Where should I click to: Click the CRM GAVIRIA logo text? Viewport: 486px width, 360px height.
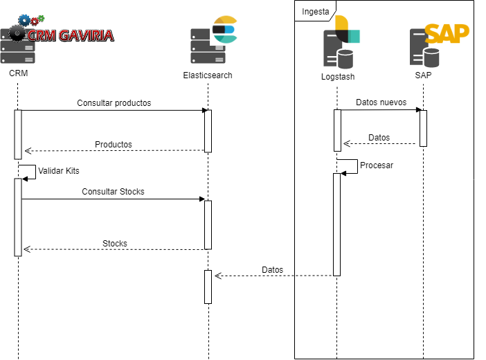(x=69, y=35)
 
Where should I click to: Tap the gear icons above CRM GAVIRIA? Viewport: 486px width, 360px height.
(x=31, y=21)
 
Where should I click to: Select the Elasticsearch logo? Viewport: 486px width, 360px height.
(x=224, y=30)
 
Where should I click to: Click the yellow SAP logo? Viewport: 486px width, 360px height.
(x=447, y=33)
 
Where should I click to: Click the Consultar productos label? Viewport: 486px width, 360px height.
(x=114, y=102)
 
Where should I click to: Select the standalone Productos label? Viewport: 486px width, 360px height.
(x=113, y=145)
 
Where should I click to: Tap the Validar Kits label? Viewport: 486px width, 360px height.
(x=59, y=170)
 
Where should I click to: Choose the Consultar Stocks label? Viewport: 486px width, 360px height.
(x=113, y=191)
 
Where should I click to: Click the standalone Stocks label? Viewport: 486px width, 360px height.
(x=115, y=243)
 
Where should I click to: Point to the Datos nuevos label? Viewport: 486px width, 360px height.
(x=381, y=102)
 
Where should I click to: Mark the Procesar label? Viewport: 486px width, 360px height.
(x=377, y=165)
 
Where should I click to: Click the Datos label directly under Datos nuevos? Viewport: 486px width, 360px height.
(x=379, y=138)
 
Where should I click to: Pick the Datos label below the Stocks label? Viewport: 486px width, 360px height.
(x=272, y=270)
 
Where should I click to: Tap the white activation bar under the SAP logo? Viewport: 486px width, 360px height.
(x=423, y=128)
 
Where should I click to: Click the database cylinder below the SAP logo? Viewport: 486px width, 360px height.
(x=431, y=57)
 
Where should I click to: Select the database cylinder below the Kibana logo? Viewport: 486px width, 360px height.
(x=345, y=60)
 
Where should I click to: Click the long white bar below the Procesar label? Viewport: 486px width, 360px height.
(x=337, y=224)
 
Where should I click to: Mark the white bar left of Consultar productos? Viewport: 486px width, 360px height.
(x=18, y=134)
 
